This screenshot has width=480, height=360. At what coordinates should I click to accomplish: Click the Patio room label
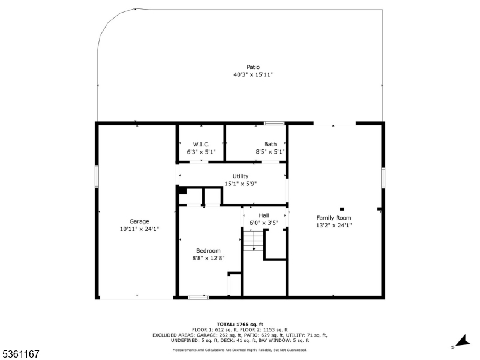(253, 67)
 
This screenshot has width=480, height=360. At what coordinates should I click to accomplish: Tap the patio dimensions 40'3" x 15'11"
(253, 74)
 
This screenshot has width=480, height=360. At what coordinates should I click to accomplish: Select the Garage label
(139, 221)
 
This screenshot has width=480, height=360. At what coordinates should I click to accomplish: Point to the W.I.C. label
(201, 144)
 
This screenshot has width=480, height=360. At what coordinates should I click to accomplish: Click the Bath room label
(271, 144)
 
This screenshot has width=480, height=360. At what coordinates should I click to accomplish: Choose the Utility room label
(241, 176)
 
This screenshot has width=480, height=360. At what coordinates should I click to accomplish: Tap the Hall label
(264, 215)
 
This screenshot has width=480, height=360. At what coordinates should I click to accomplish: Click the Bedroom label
(208, 250)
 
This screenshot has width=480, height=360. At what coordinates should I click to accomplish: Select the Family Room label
(334, 218)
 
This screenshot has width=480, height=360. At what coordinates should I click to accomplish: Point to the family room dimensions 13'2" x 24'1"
(334, 226)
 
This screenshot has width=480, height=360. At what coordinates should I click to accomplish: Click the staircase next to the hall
(253, 241)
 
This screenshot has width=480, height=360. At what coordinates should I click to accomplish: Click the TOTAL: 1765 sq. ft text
(240, 325)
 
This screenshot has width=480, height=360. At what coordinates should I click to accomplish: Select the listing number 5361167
(20, 354)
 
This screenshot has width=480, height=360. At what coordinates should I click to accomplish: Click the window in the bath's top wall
(274, 124)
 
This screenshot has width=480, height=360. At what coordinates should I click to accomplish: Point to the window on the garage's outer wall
(97, 176)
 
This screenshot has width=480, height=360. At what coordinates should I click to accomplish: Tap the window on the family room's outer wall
(383, 178)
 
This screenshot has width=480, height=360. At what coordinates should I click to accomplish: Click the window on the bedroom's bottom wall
(199, 297)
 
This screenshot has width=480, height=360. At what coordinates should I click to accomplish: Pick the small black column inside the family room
(342, 209)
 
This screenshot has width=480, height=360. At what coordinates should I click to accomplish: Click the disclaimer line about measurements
(240, 350)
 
